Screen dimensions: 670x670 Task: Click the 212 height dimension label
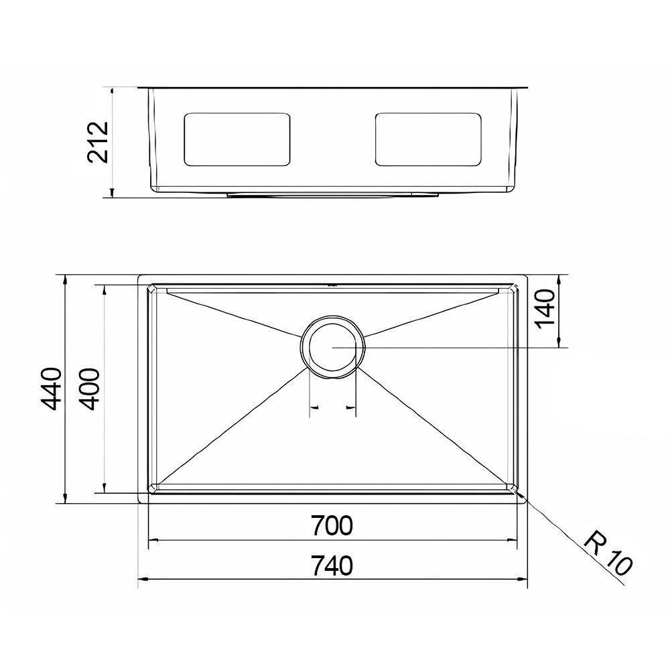(98, 142)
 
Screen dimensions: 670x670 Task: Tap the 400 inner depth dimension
(92, 389)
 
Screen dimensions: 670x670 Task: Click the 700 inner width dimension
(332, 526)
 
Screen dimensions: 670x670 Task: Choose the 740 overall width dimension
(332, 566)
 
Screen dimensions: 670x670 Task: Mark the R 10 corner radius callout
(606, 553)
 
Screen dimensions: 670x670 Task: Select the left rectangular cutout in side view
(237, 139)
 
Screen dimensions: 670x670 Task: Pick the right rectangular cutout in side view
(429, 139)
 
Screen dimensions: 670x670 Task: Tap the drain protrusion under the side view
(333, 194)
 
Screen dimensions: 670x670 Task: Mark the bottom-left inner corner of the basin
(153, 485)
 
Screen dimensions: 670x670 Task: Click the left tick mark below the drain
(310, 407)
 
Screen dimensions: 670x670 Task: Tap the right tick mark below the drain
(355, 407)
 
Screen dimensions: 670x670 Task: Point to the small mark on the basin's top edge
(332, 284)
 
